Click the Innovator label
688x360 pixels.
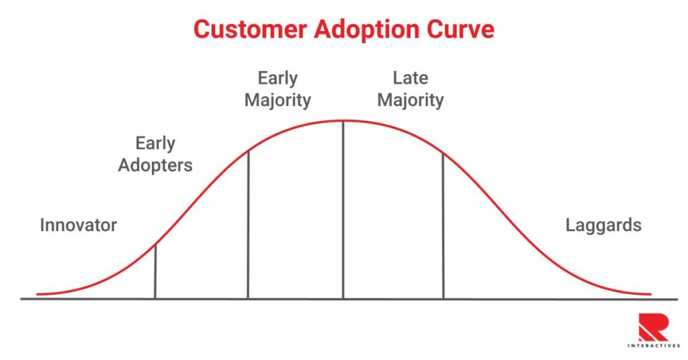78,225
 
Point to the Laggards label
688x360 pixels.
603,225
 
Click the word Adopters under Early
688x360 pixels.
155,165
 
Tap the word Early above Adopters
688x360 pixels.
155,143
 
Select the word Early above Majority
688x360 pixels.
277,79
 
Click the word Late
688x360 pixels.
410,79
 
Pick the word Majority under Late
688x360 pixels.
410,101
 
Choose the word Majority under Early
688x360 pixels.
277,101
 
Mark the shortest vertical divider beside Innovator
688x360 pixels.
155,271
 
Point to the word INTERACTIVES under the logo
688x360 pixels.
653,345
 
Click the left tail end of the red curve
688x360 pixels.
39,294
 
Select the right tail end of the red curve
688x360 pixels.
649,294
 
